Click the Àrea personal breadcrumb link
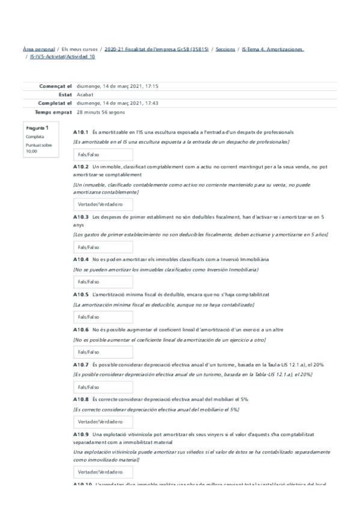[x=38, y=49]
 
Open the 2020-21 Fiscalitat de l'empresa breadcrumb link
[x=156, y=49]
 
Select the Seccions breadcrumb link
[x=225, y=49]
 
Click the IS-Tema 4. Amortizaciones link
[x=272, y=49]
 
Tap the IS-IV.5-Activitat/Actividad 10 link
[x=63, y=57]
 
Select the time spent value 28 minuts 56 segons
[x=101, y=112]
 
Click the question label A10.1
[x=81, y=132]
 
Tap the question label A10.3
[x=81, y=217]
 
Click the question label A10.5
[x=81, y=295]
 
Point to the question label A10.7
[x=81, y=364]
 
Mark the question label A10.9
[x=81, y=434]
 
